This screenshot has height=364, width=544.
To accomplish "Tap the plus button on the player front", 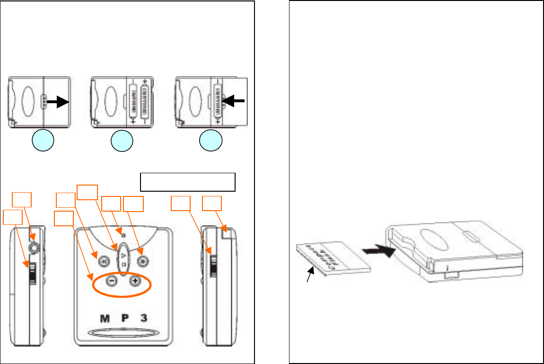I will [x=135, y=280].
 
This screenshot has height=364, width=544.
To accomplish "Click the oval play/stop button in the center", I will [x=123, y=258].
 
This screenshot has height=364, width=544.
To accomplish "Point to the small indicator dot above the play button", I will [x=123, y=235].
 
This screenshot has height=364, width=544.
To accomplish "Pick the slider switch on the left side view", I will [x=32, y=274].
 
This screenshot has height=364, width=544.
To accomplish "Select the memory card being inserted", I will [x=333, y=258].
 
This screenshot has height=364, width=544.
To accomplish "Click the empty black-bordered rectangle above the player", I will [x=188, y=182].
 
